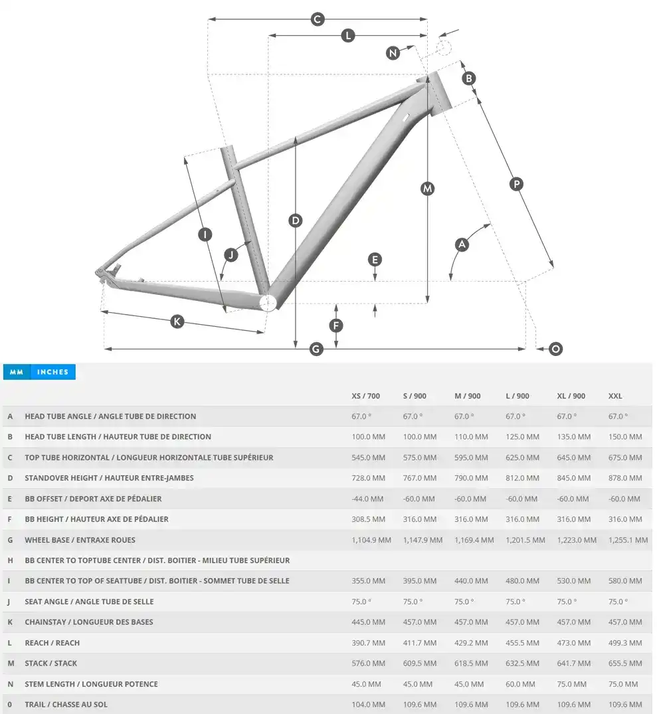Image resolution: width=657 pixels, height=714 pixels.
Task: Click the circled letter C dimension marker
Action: coord(318,19)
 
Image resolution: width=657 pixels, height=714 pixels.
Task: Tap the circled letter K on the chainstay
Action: coord(177,321)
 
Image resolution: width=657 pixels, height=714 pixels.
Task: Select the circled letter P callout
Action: coord(516,184)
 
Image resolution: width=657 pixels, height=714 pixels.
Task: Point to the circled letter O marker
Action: coord(556,349)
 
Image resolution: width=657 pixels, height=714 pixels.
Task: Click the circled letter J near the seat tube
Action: coord(231,254)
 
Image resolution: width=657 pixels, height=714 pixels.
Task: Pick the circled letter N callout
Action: coord(393,53)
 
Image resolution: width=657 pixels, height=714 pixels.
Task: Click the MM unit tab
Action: coord(17,372)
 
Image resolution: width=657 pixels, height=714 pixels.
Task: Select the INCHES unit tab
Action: coord(53,372)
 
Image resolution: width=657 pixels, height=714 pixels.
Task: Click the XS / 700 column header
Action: coord(365,396)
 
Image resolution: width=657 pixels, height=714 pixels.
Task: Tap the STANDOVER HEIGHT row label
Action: coord(109,478)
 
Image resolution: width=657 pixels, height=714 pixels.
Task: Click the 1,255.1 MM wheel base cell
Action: coord(628,540)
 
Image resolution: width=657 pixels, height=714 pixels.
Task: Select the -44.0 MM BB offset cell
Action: coord(368,499)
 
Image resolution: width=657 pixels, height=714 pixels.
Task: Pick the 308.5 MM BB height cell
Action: coord(368,519)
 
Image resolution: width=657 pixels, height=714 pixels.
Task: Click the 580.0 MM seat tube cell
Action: coord(625,581)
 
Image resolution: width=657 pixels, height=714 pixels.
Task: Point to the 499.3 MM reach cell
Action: coord(625,643)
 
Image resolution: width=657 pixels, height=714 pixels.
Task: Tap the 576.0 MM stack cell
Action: coord(368,664)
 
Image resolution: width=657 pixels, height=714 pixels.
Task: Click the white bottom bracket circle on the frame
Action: coord(268,303)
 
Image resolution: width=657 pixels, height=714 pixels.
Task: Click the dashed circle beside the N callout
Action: coord(444,46)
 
